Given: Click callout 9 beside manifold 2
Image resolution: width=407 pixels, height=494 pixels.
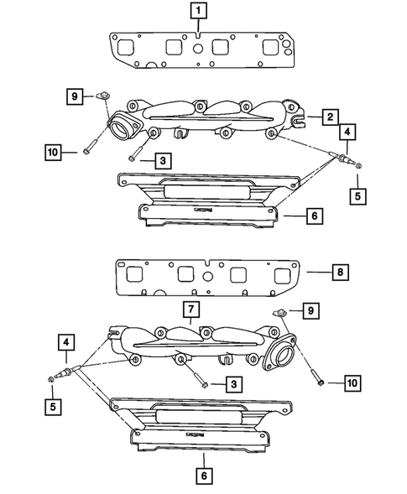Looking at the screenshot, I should click(x=75, y=97).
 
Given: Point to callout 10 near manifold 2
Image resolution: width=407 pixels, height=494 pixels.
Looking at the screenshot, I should click(x=53, y=152).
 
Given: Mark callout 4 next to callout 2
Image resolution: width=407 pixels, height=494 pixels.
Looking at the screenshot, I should click(x=347, y=133).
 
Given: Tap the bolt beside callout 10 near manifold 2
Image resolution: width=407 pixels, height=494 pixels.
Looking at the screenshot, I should click(x=91, y=153).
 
